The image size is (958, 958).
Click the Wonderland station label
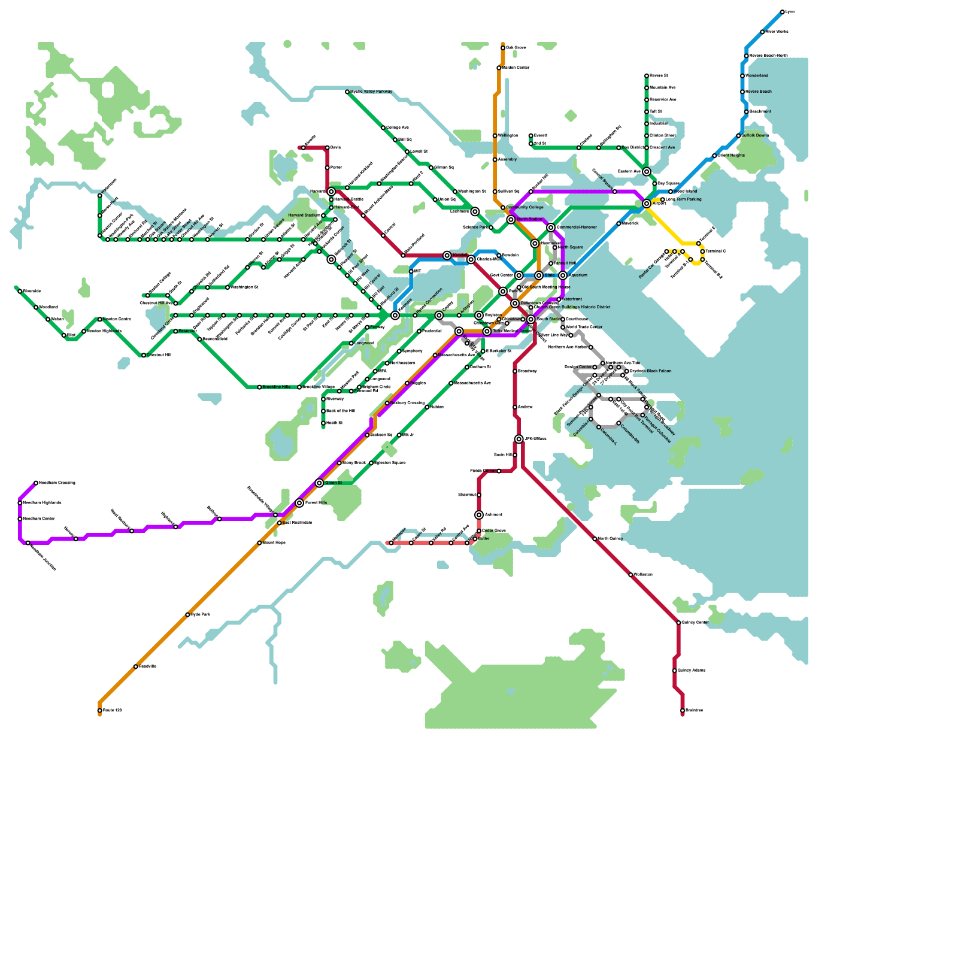[757, 76]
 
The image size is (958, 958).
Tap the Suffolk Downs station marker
[738, 136]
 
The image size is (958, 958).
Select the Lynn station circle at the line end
[782, 12]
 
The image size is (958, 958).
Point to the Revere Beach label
[758, 92]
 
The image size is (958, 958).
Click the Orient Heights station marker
[714, 156]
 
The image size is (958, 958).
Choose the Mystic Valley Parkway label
[371, 92]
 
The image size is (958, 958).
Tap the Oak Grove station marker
[503, 48]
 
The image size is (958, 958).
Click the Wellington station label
[508, 136]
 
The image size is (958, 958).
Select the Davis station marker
[328, 147]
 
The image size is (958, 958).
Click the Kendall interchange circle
[447, 256]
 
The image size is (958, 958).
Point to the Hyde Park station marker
[187, 615]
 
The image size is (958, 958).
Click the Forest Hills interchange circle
[299, 503]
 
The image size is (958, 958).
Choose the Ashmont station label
[493, 515]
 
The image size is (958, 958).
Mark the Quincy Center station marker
[678, 623]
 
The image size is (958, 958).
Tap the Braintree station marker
[683, 711]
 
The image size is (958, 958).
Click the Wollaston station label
[643, 575]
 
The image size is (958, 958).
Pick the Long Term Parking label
[683, 199]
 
